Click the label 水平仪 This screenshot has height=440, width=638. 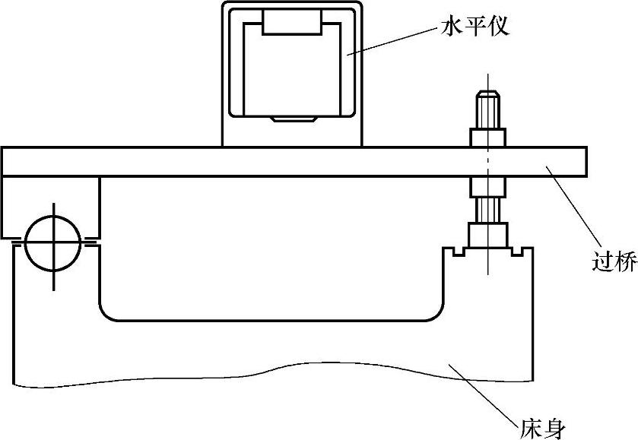(473, 29)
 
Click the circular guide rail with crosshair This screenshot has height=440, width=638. (52, 245)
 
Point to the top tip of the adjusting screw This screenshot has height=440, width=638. (487, 94)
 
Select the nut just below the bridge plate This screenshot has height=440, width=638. (487, 186)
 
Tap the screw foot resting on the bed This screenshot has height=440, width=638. (487, 235)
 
